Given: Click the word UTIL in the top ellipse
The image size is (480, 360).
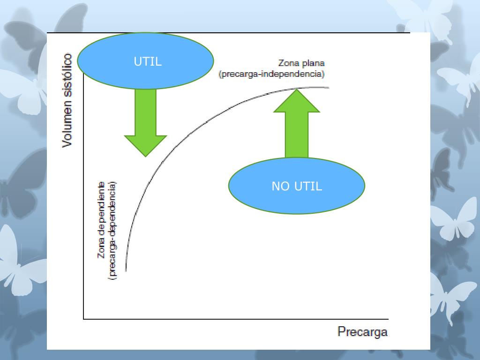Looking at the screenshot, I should click(148, 61).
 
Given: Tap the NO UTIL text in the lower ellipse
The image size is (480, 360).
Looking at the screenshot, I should click(297, 186).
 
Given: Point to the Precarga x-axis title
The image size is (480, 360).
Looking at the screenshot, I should click(362, 332).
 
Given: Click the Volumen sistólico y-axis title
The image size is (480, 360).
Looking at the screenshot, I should click(67, 100).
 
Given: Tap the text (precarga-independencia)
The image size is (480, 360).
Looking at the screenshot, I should click(271, 74).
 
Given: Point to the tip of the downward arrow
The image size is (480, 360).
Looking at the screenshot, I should click(145, 156).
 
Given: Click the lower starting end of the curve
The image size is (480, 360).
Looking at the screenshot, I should click(126, 270).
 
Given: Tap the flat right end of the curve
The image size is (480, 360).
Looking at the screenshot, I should click(328, 88).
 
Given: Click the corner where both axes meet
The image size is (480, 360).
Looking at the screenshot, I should click(84, 319).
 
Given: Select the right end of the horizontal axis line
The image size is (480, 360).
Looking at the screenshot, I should click(388, 319).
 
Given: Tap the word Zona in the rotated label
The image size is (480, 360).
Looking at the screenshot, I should click(102, 249).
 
